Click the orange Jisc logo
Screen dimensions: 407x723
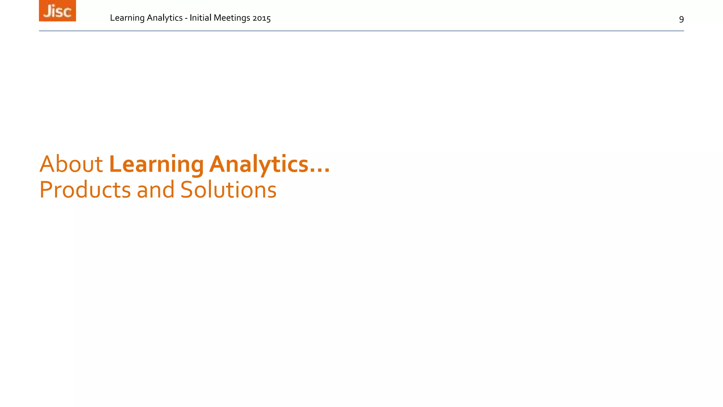[x=57, y=11]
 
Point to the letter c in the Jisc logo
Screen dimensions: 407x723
[x=67, y=12]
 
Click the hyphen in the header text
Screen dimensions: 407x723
[x=186, y=18]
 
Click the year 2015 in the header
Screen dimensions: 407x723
[x=262, y=18]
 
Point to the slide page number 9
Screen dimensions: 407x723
[x=681, y=19]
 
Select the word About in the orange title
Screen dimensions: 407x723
[x=71, y=164]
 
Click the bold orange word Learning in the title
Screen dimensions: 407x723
[x=156, y=165]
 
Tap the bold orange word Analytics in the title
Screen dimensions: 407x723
[x=259, y=165]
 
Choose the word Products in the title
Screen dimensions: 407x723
[x=85, y=190]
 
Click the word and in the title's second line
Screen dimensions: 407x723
[x=155, y=190]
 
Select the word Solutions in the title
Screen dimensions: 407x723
[x=228, y=190]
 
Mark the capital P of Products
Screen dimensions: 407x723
[x=46, y=190]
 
